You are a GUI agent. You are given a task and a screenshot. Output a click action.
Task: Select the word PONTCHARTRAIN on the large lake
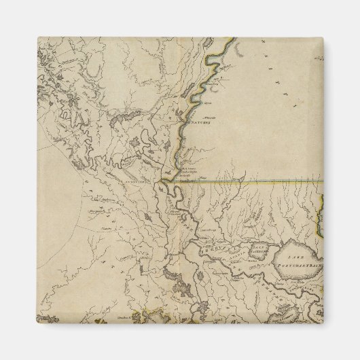click(302, 259)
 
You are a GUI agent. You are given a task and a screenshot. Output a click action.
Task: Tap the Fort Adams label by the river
click(187, 170)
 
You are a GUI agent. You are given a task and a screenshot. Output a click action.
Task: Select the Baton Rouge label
click(202, 230)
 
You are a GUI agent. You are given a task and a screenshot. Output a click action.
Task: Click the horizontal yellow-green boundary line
click(258, 181)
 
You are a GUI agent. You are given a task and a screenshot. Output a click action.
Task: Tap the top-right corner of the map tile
click(323, 37)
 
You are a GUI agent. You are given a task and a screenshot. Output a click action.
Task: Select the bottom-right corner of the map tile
click(323, 323)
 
